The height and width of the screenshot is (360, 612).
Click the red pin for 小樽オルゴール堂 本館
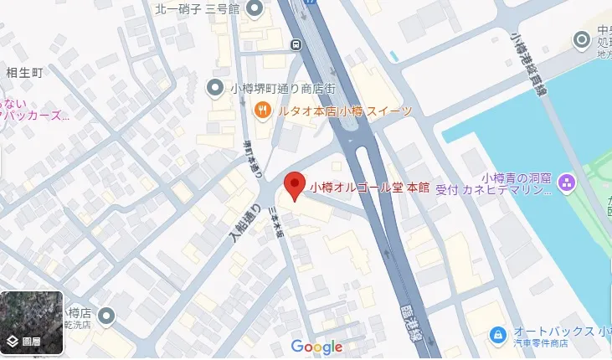tap(293, 184)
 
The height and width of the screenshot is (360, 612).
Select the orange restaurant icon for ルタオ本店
tap(262, 110)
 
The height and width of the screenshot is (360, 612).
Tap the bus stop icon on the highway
tap(296, 44)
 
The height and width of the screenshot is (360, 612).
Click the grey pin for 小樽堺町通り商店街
tap(215, 87)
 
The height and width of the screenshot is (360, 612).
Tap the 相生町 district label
tap(24, 73)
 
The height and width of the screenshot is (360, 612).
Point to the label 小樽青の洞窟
tap(517, 177)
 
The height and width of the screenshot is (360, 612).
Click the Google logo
tap(317, 347)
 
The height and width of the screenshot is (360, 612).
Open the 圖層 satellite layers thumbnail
tap(32, 323)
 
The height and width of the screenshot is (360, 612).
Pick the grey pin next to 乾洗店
tap(105, 316)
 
